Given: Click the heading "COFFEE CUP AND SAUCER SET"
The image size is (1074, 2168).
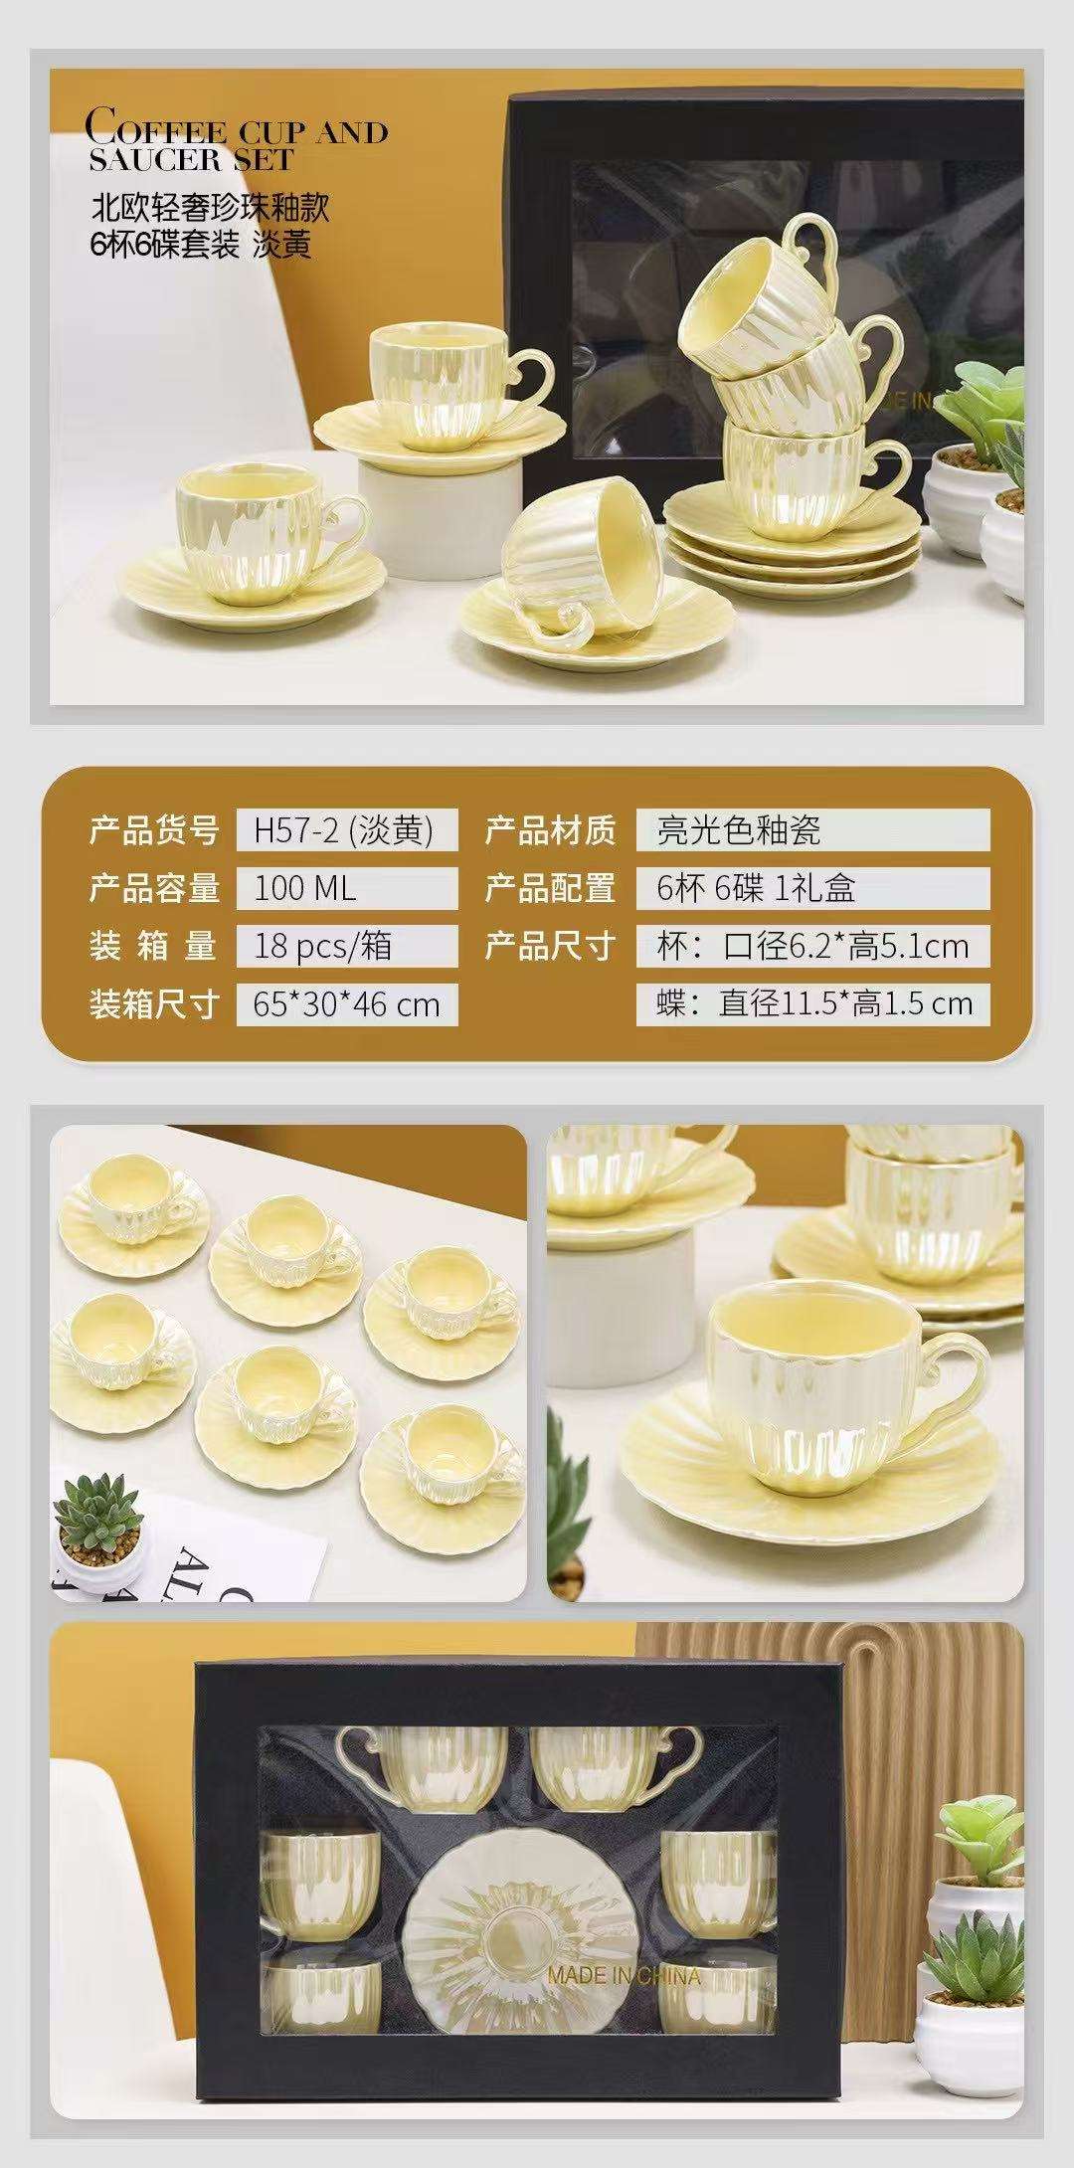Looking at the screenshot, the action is coord(236,142).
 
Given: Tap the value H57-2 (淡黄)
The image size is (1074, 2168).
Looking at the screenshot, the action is coord(344,829).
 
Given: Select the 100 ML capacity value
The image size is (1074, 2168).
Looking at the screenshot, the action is coord(304,888).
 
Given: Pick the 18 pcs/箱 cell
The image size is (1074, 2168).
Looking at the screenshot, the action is coord(323,946).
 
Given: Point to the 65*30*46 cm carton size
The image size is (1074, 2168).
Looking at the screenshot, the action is coord(347,1003).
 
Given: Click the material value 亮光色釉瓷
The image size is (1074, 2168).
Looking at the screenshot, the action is coord(739,829).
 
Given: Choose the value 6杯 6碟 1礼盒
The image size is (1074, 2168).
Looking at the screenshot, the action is coord(756,888).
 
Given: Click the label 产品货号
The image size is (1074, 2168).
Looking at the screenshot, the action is coord(153,829).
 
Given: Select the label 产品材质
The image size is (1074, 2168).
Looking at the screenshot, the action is coord(550,829).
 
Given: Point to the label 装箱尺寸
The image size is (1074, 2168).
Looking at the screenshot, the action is coord(153,1003).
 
